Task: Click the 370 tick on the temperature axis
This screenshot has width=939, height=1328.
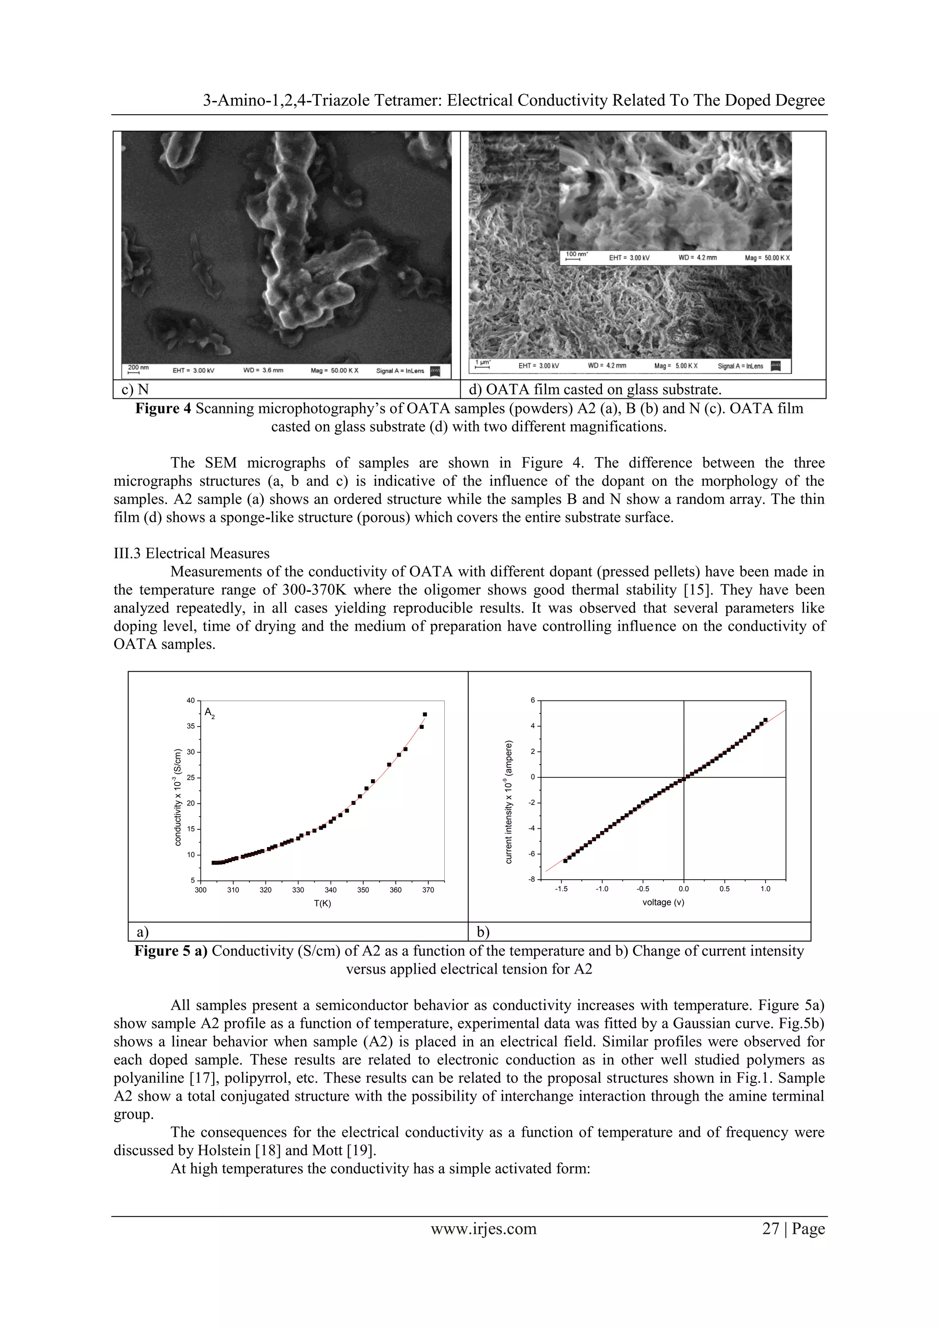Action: pyautogui.click(x=428, y=890)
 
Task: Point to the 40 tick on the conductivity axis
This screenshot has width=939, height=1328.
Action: pyautogui.click(x=190, y=700)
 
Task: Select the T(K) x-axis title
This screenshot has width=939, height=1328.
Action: pyautogui.click(x=322, y=904)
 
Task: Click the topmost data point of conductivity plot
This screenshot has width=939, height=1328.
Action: pyautogui.click(x=425, y=714)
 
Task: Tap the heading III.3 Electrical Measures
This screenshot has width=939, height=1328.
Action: pyautogui.click(x=192, y=554)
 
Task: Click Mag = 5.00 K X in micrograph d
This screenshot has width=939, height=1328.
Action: pyautogui.click(x=676, y=366)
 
